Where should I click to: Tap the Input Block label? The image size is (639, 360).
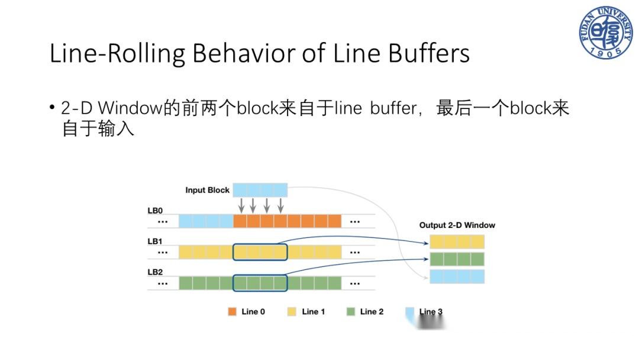coord(207,190)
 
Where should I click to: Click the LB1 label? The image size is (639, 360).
coord(155,242)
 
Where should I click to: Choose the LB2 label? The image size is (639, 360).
coord(155,272)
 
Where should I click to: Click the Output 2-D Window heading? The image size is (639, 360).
coord(457,225)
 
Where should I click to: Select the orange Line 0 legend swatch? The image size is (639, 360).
coord(232,311)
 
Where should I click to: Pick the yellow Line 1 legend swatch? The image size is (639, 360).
coord(292,311)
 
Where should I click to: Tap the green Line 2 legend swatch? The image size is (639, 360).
coord(351,311)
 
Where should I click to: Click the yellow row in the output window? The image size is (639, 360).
coord(457,242)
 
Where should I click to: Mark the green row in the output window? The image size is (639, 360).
coord(457,259)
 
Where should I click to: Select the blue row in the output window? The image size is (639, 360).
coord(457,277)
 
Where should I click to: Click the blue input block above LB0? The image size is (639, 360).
coord(260,190)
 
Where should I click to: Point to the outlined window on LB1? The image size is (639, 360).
coord(260,252)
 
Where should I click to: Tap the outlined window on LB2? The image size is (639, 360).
coord(260,283)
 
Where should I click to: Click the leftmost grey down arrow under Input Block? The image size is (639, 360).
coord(241,205)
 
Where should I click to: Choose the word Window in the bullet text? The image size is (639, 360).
coord(130,108)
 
